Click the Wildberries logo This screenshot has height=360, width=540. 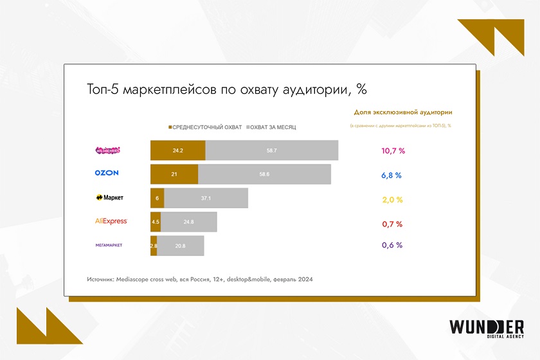tap(107, 150)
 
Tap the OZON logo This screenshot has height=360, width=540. tap(107, 173)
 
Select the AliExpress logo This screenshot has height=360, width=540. tap(111, 221)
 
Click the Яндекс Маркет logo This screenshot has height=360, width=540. tap(109, 198)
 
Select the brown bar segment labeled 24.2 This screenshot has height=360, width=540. tap(178, 150)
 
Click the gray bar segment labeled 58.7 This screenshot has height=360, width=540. tap(272, 150)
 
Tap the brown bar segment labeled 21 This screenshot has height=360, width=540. tap(174, 174)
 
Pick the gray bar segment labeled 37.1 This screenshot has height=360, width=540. tap(206, 198)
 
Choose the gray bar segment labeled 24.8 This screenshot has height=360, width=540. tap(188, 222)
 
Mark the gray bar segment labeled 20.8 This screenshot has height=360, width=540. tap(181, 246)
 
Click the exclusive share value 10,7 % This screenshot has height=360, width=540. tap(393, 150)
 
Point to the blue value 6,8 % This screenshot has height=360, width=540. tap(392, 175)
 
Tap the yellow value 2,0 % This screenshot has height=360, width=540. tap(392, 200)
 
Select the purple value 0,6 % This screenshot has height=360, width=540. tap(392, 245)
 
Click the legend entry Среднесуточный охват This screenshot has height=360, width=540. tap(205, 127)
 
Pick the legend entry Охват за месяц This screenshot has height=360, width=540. tap(271, 127)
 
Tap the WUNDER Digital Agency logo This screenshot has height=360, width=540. tap(487, 330)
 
